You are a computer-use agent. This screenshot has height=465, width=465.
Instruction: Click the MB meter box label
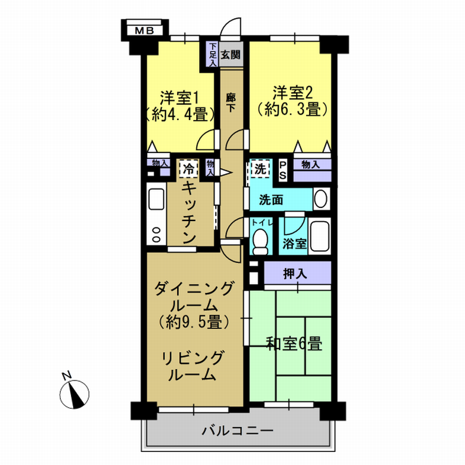coord(144,31)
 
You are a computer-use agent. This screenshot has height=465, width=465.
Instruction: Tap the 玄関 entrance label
coord(230,54)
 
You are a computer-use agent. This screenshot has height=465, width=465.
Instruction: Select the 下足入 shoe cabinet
coord(213,54)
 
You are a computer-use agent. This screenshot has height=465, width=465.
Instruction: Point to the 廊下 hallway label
coord(230,103)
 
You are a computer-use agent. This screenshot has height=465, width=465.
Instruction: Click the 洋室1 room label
coord(179,98)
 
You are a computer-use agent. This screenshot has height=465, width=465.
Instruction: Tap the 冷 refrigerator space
coord(188,169)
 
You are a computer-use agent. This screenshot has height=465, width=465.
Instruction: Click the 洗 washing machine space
coord(261,169)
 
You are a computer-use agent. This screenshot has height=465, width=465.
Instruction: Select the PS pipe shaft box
coord(282,170)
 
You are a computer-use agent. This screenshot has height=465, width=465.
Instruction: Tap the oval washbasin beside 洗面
coord(321,199)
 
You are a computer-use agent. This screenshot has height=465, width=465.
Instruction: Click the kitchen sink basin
coord(157,199)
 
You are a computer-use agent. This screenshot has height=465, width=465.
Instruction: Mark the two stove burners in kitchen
coord(156,235)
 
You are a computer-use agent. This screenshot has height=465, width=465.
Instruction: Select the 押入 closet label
coord(295,274)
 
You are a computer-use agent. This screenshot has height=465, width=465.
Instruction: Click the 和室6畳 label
coord(294,343)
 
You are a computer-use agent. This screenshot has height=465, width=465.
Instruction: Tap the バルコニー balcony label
coord(238,430)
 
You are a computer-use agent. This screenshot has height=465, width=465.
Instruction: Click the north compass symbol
coord(74,394)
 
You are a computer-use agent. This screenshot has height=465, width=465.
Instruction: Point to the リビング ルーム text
coord(191,366)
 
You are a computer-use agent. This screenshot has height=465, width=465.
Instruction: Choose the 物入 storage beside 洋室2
coord(313,170)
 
